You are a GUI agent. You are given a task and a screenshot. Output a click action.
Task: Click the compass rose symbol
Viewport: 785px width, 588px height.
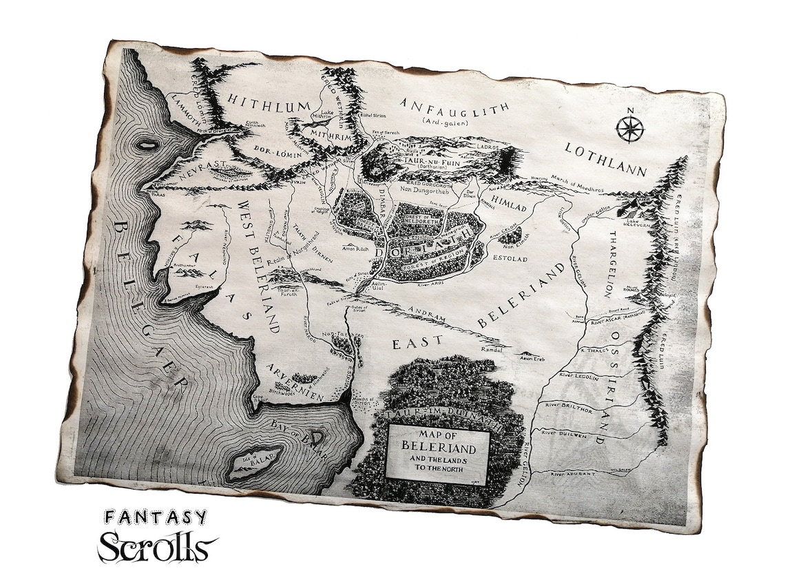(628, 129)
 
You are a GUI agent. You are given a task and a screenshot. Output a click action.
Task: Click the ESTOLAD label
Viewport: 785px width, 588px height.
(508, 260)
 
